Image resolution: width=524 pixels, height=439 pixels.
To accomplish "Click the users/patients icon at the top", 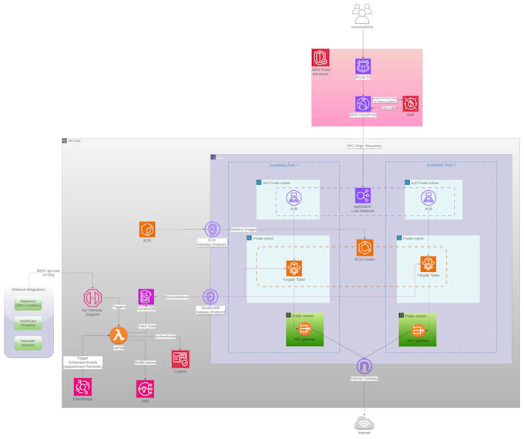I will point(362,12).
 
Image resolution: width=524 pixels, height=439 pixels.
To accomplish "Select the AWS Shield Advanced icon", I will point(321,59).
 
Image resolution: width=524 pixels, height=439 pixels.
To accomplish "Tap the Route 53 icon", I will point(363,67).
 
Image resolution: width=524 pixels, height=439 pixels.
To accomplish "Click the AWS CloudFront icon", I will point(363,104).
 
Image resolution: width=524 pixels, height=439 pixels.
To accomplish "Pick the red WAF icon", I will point(411,104).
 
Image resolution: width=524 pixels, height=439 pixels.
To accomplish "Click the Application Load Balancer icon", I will point(363,196).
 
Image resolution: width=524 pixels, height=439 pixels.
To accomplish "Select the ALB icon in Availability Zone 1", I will point(294,198).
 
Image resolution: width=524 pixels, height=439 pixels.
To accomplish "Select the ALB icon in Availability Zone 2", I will point(428,198).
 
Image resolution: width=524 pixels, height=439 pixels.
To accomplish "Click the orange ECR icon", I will point(147,229).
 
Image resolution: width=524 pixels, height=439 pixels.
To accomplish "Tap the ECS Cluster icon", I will point(364,248).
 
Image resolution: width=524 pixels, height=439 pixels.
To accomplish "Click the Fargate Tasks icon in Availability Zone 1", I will point(294,268).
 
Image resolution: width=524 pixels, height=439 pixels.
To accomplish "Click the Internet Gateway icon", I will point(364,366).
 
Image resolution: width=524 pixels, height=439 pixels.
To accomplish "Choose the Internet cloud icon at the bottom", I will point(364,423).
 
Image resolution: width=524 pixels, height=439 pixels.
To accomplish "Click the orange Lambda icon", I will point(118,334).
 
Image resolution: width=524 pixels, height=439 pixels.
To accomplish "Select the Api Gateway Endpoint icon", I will point(92,297).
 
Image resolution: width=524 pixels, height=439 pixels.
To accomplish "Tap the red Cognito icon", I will point(180,358).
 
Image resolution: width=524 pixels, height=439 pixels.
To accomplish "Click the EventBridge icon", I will point(82,387).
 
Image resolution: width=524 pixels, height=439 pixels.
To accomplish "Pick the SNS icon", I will point(144,388).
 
